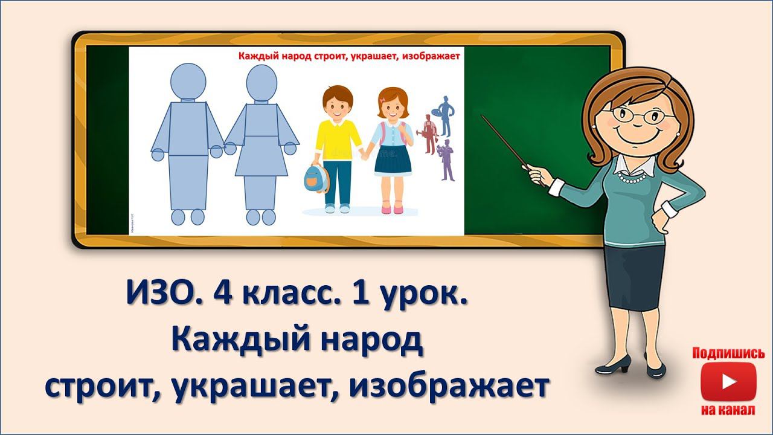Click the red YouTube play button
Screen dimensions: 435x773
[x=728, y=382]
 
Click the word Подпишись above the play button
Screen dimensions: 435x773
[x=728, y=353]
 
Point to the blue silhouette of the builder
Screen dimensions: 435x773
[x=446, y=115]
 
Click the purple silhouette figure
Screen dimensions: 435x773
[x=447, y=160]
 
